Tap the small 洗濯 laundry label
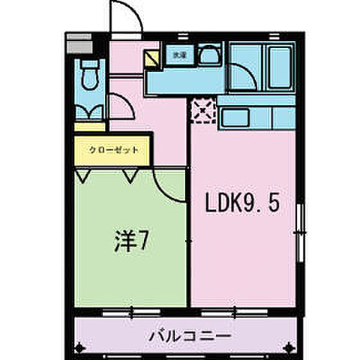click(x=179, y=55)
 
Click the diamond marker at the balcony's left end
click(x=80, y=346)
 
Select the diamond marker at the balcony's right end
click(x=292, y=346)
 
